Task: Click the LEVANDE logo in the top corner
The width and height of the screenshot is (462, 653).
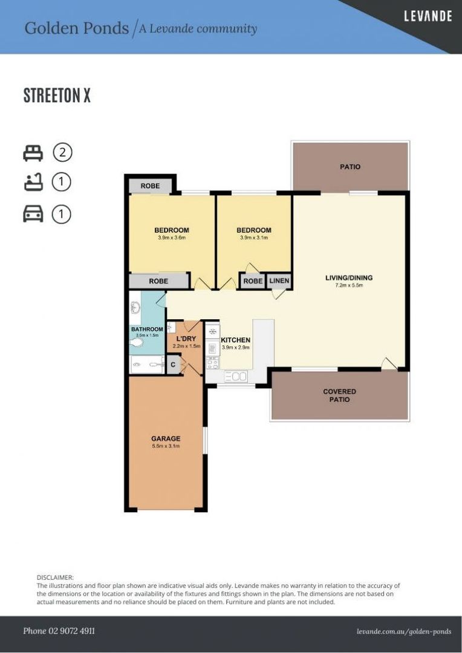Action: click(x=428, y=16)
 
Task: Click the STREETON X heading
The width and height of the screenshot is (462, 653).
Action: click(x=57, y=96)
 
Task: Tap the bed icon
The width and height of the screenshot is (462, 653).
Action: click(x=33, y=153)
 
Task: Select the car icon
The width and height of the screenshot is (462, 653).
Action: click(x=33, y=215)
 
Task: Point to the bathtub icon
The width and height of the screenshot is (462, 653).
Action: click(x=33, y=183)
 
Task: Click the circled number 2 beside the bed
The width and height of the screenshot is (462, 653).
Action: click(x=62, y=152)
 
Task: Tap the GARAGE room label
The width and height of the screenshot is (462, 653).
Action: click(x=166, y=438)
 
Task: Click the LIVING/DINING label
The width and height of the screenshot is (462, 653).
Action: click(x=349, y=278)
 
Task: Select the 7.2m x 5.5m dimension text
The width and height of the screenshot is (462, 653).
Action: click(x=349, y=285)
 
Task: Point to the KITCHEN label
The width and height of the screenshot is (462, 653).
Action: click(x=235, y=340)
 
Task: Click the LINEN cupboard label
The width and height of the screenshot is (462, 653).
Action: click(x=279, y=281)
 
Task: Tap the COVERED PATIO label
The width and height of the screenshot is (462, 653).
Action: click(x=339, y=395)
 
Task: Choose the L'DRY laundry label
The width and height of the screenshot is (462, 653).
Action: click(x=186, y=339)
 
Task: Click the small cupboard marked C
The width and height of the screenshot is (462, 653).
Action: click(x=174, y=365)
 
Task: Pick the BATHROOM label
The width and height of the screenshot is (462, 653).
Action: click(x=147, y=329)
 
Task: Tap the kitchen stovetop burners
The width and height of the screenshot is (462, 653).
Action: click(x=212, y=363)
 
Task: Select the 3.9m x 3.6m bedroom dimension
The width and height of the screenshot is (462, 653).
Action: click(x=172, y=238)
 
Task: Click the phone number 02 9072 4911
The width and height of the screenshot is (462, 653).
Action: click(x=59, y=631)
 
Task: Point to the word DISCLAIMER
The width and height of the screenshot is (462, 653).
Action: click(x=55, y=577)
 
